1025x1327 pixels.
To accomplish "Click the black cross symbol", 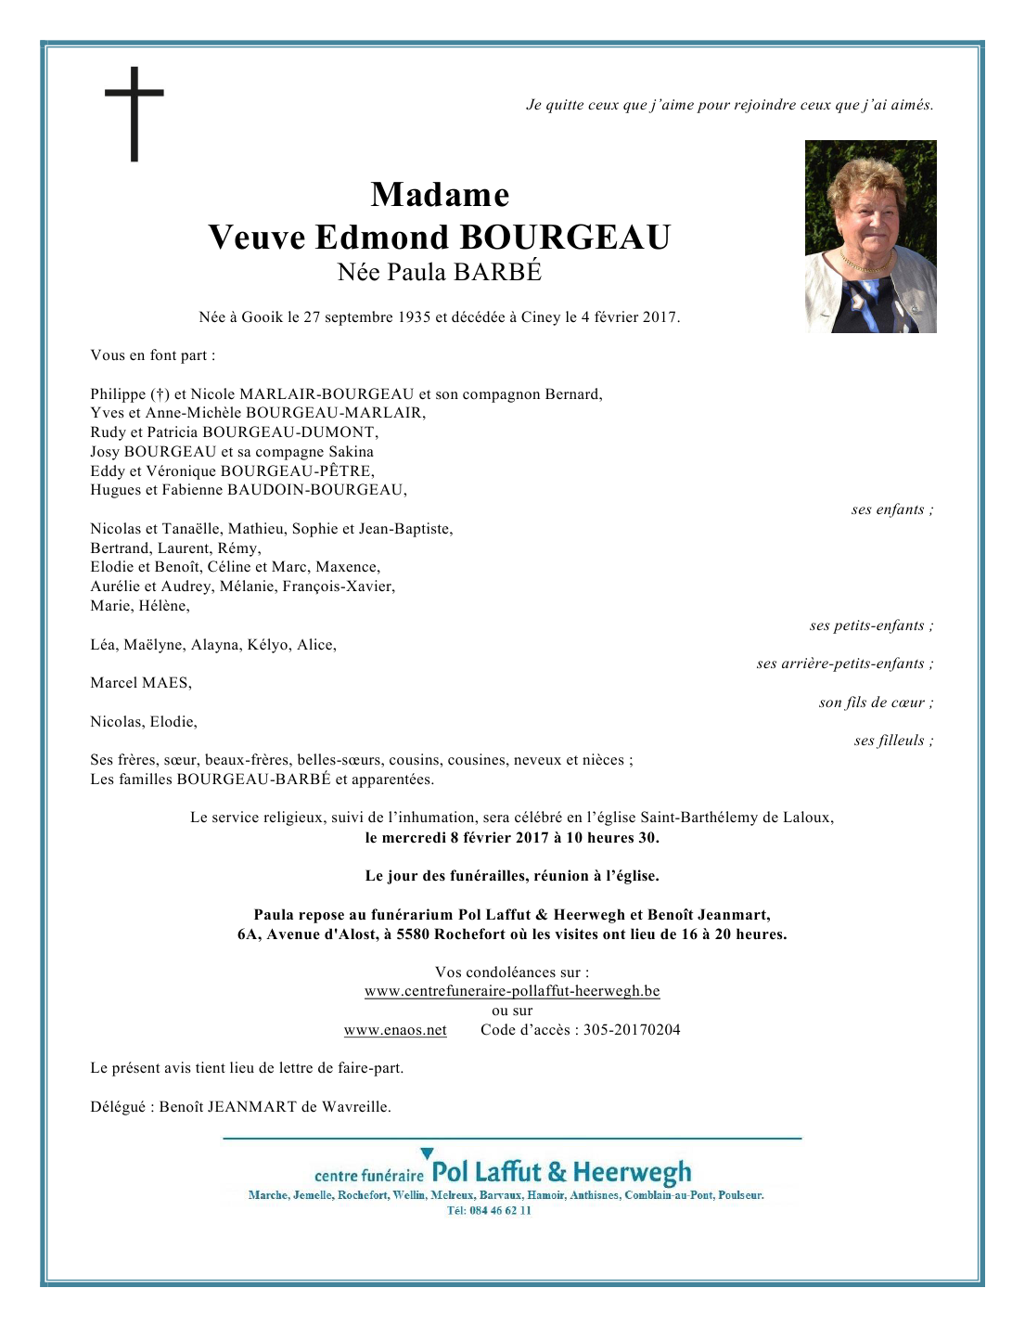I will (135, 113).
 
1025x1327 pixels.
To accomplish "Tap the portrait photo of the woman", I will (870, 237).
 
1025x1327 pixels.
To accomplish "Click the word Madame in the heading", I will (440, 195).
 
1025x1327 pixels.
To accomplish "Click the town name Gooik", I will (263, 317).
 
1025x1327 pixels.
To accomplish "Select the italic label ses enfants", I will (891, 509).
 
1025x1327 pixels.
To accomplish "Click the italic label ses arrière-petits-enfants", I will (844, 663).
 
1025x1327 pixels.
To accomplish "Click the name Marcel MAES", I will (141, 683).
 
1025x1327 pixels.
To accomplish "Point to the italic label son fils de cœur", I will (875, 702).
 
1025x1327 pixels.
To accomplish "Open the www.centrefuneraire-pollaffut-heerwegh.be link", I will (512, 991).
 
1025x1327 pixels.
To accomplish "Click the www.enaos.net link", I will (395, 1030).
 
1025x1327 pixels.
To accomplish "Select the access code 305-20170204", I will (632, 1030).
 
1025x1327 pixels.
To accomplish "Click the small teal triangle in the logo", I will (427, 1154).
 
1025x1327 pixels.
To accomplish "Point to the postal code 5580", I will (413, 934).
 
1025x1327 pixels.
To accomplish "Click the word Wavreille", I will (355, 1107).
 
